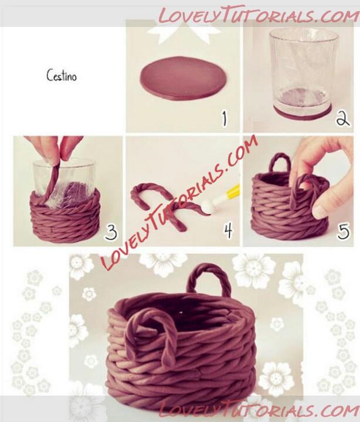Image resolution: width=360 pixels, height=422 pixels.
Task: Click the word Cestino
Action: click(x=62, y=76)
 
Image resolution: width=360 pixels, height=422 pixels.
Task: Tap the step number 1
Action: click(x=225, y=119)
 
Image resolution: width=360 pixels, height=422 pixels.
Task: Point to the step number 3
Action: click(x=111, y=232)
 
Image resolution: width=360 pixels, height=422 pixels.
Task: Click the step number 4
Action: click(x=228, y=232)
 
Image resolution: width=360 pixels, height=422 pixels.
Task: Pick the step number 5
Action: click(x=344, y=232)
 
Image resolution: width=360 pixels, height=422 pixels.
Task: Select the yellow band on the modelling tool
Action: click(x=234, y=192)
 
